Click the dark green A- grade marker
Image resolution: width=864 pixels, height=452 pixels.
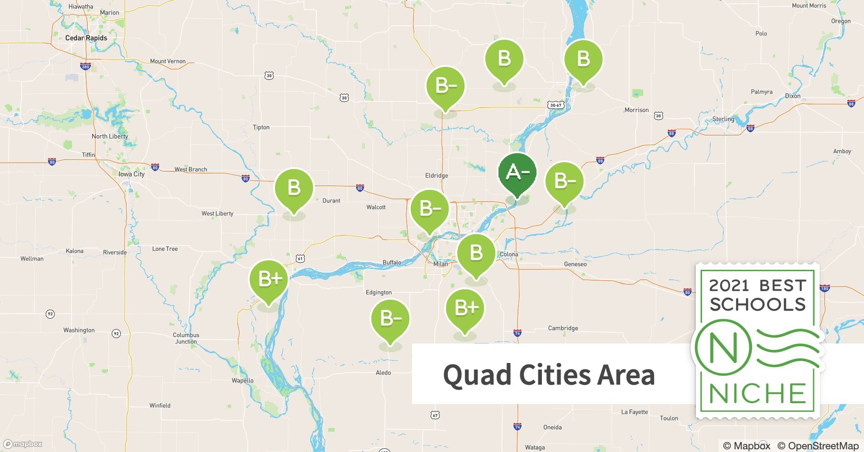coord(517,173)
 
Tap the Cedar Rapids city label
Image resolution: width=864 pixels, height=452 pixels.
coord(86,38)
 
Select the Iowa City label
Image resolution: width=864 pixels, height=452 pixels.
coord(132,174)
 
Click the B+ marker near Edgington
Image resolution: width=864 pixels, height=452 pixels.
coord(465,308)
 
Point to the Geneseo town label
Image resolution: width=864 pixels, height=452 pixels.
coord(575,264)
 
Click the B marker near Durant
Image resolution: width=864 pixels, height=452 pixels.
coord(294,188)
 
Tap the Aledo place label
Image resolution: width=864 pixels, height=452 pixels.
coord(383,372)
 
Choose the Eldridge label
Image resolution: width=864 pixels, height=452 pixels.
coord(437,175)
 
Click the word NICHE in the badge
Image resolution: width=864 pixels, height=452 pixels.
coord(758,393)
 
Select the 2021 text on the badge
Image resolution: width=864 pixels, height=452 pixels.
coord(729,286)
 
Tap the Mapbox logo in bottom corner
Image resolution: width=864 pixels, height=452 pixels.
coord(23,444)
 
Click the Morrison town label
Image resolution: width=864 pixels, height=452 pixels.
coord(636,110)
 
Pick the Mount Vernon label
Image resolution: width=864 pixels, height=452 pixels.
coord(167,61)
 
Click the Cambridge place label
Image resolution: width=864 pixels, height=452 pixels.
coord(563,328)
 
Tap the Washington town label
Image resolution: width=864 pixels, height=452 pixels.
coord(79,330)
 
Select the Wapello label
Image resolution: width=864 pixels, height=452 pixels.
coord(242,380)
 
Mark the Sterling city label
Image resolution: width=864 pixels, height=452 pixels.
coord(723,119)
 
